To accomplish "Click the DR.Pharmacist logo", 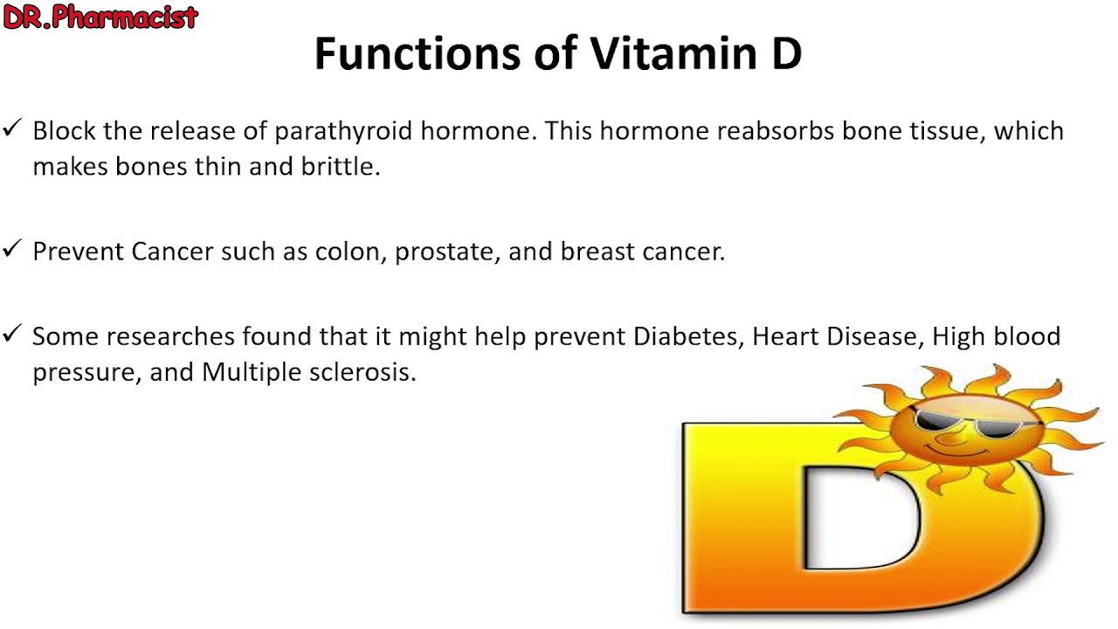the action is coord(100,17).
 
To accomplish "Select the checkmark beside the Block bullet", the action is coord(12,128).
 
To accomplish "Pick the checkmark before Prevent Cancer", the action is coord(12,248).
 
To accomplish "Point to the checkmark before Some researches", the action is coord(12,333).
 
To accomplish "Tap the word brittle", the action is coord(341,167).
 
